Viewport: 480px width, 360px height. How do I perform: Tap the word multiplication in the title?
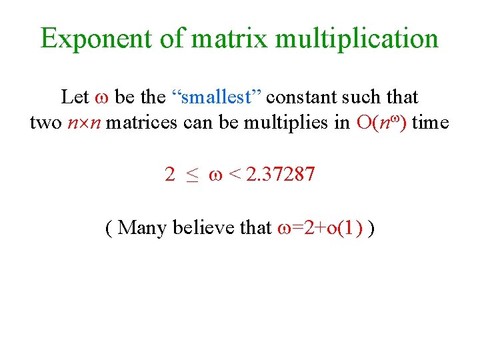point(357,39)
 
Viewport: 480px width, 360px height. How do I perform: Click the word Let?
point(75,97)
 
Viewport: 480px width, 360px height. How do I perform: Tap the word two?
point(45,123)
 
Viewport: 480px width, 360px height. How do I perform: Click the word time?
point(431,123)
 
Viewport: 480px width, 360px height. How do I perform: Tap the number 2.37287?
point(281,175)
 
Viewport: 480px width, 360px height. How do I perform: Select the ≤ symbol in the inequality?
point(193,176)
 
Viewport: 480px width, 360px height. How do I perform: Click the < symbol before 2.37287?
point(234,176)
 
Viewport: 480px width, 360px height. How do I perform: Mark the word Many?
point(144,228)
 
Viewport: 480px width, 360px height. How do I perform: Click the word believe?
point(205,228)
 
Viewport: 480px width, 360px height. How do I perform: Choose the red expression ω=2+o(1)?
point(319,228)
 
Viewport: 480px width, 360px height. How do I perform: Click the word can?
point(195,123)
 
